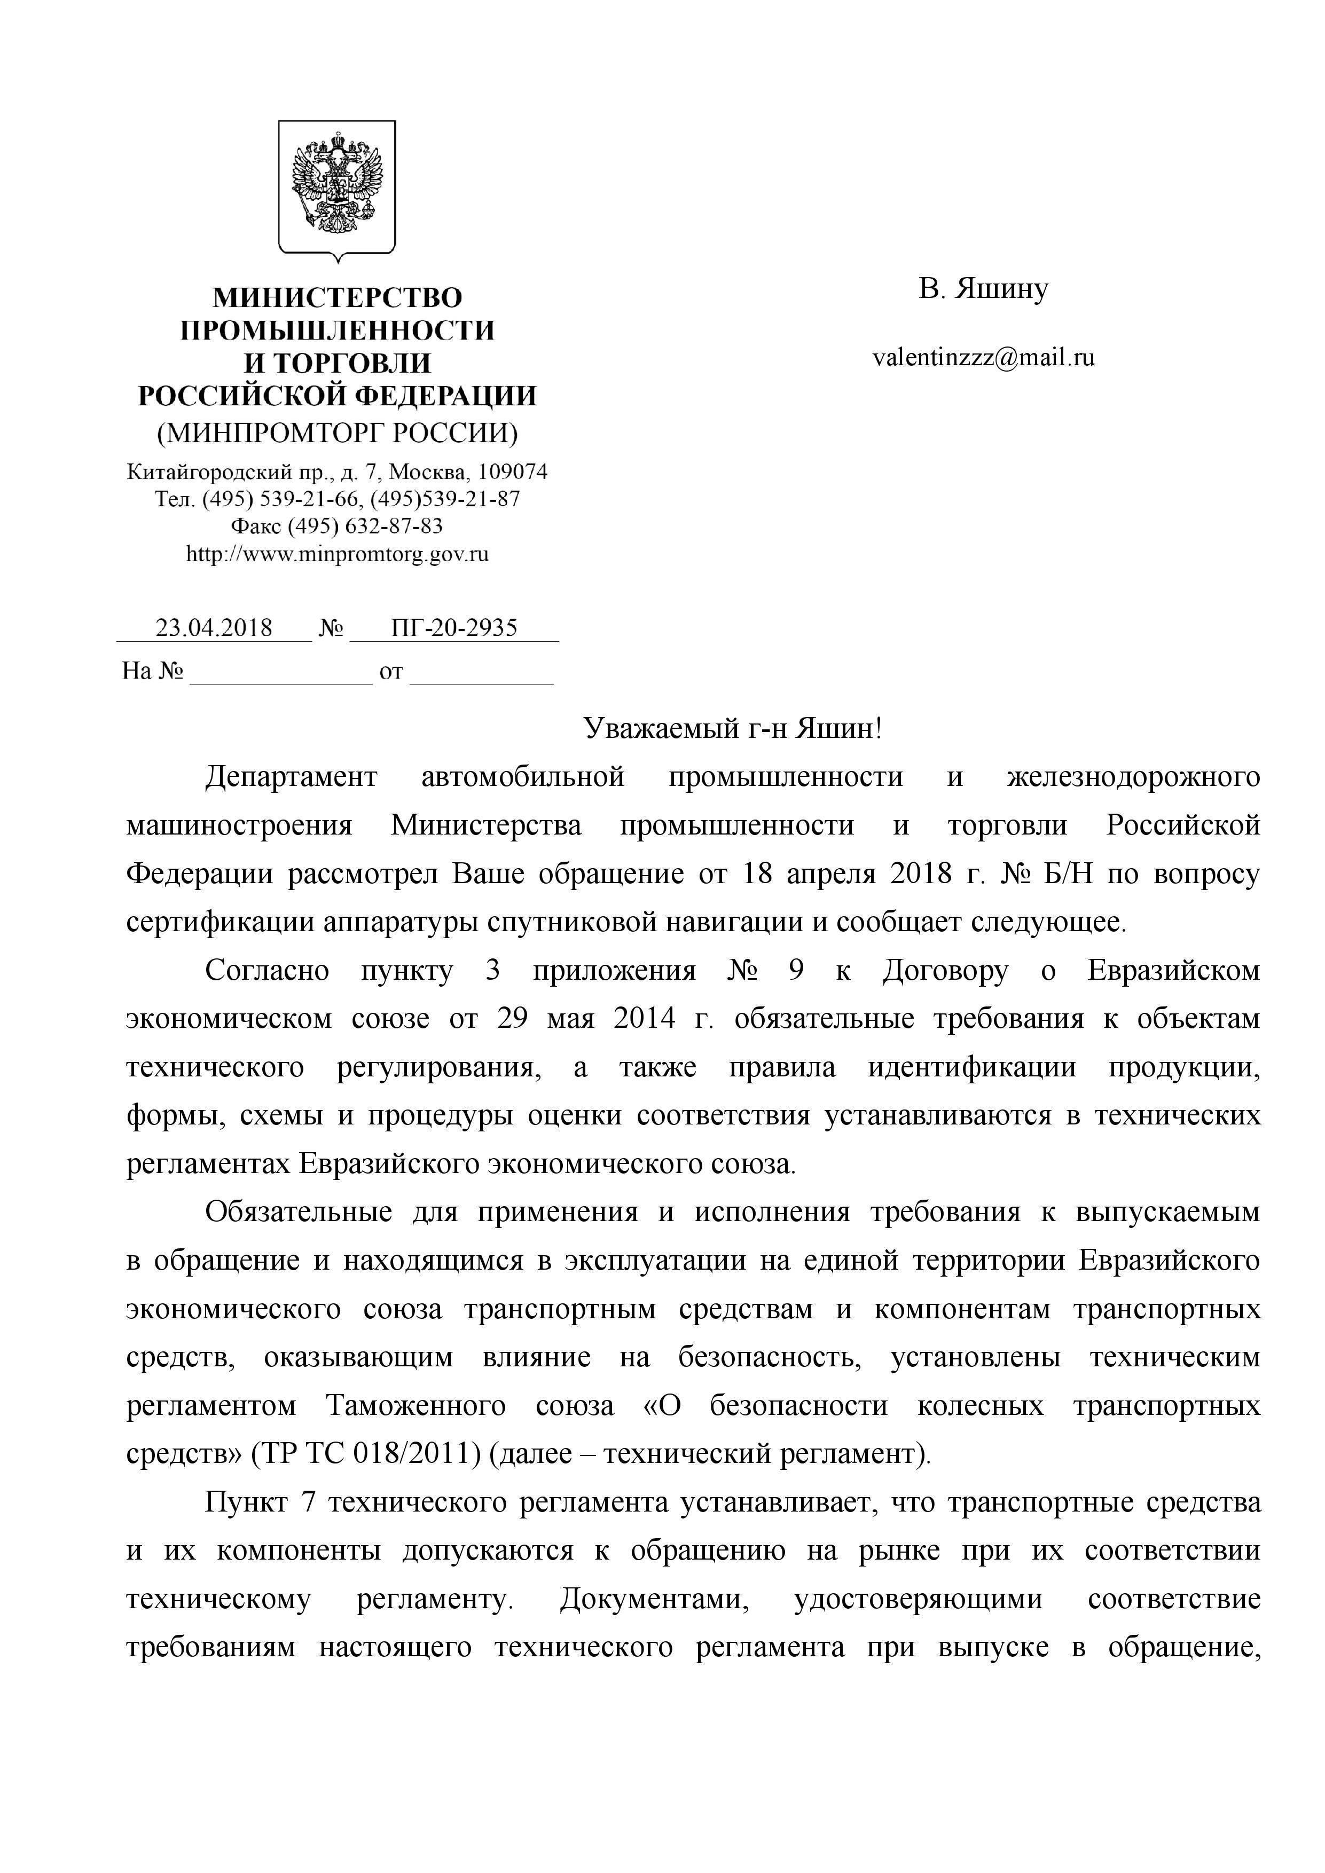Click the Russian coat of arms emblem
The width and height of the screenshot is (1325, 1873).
point(337,187)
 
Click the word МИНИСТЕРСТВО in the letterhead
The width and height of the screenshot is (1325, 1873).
point(337,298)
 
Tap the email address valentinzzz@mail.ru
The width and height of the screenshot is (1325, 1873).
point(983,357)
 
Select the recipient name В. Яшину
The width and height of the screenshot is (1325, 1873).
point(983,289)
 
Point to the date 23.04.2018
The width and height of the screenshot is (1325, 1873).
point(214,627)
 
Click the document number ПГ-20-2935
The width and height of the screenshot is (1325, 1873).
point(454,627)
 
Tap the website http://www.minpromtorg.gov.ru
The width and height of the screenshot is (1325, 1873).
point(337,555)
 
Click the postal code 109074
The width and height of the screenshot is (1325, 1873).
point(512,471)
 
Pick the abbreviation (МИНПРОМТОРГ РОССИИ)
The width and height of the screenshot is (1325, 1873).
point(337,432)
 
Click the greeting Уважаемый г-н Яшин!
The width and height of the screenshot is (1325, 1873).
point(733,728)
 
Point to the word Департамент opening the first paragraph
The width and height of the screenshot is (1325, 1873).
point(291,777)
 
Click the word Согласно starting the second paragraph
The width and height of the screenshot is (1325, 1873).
point(268,971)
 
